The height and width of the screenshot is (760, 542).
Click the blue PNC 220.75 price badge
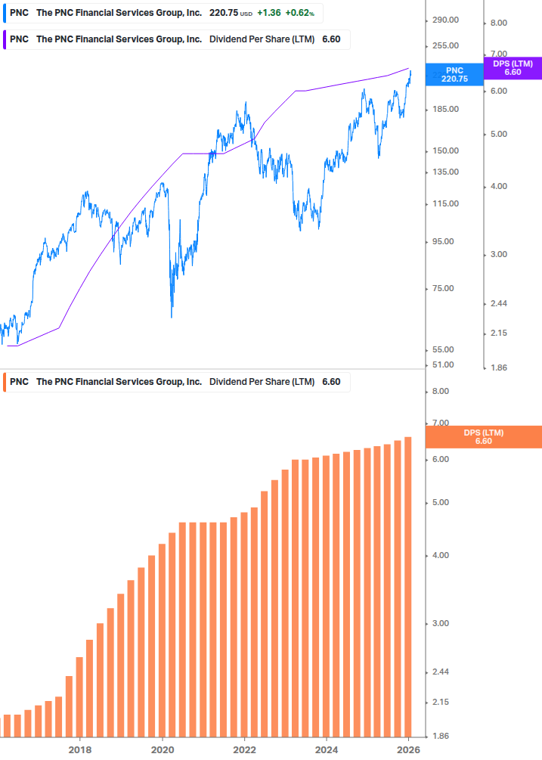pyautogui.click(x=454, y=74)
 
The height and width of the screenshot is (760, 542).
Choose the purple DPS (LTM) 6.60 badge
pyautogui.click(x=512, y=68)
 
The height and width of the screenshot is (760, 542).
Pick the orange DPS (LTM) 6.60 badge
pyautogui.click(x=484, y=437)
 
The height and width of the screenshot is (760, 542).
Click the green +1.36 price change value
pyautogui.click(x=268, y=13)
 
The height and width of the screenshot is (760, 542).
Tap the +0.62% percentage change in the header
pyautogui.click(x=299, y=13)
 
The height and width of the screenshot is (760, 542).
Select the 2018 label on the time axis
pyautogui.click(x=80, y=749)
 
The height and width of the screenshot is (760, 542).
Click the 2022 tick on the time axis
pyautogui.click(x=244, y=749)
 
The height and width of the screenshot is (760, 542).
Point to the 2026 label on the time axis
pyautogui.click(x=408, y=749)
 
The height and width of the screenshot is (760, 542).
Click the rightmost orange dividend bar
pyautogui.click(x=408, y=586)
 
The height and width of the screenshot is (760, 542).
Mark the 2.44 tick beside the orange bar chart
pyautogui.click(x=439, y=672)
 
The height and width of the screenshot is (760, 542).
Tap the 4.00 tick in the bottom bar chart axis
pyautogui.click(x=439, y=556)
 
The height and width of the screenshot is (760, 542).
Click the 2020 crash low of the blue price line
pyautogui.click(x=172, y=316)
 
